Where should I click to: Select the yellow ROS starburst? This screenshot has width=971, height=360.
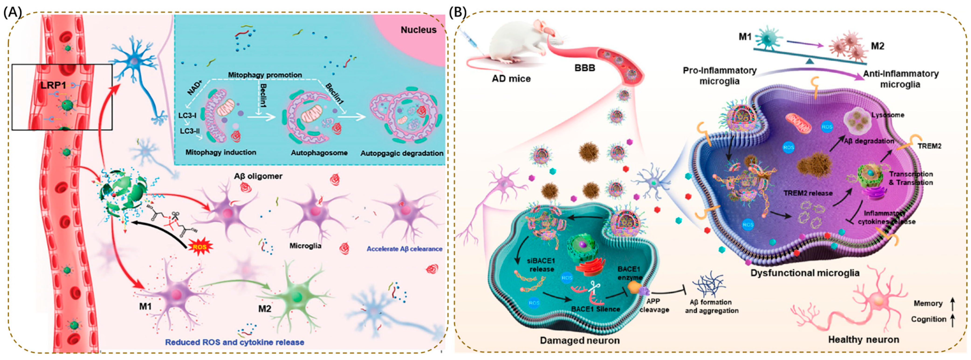(x=199, y=247)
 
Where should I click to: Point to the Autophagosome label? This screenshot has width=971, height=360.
(x=319, y=153)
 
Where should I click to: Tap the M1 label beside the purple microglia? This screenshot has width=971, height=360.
(x=145, y=306)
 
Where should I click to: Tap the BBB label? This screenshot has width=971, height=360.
(x=585, y=69)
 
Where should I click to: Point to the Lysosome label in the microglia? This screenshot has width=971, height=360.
(x=887, y=115)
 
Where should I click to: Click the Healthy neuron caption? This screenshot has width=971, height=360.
(x=864, y=340)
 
